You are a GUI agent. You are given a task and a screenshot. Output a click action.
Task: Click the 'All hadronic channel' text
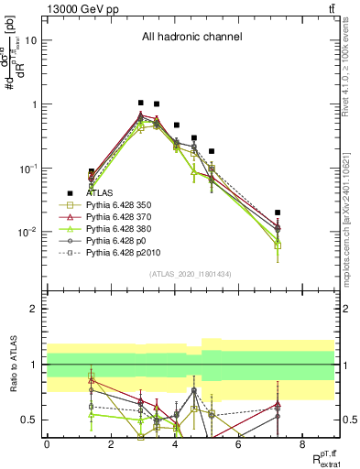click(191, 38)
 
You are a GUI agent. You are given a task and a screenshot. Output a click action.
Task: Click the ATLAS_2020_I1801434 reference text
click(191, 274)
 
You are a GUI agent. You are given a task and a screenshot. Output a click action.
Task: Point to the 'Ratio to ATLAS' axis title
click(13, 365)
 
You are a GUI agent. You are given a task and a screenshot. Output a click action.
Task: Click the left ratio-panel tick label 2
click(34, 309)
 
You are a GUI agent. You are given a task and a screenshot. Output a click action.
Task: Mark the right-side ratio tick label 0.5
click(348, 420)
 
